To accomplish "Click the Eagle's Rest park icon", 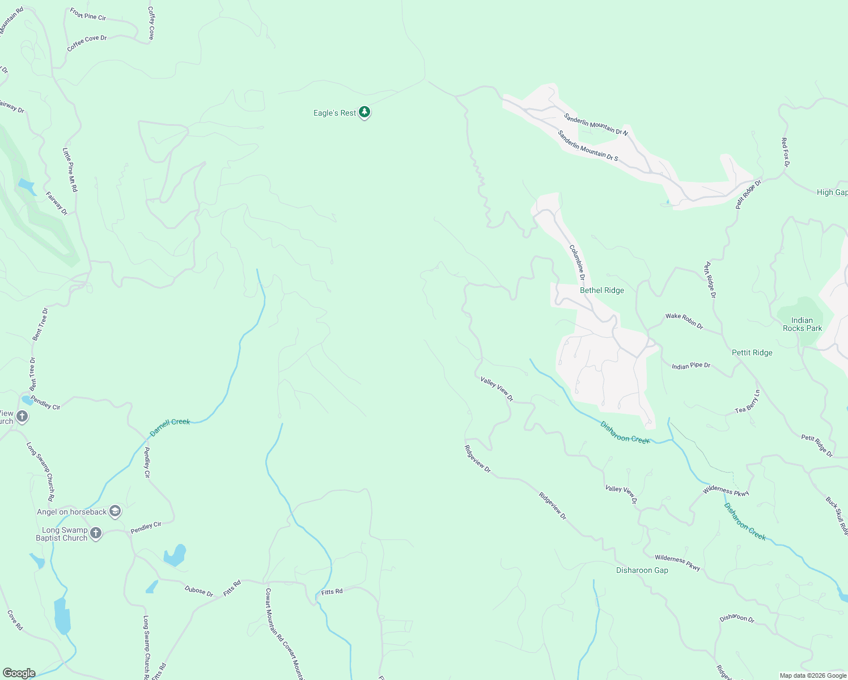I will click(364, 112).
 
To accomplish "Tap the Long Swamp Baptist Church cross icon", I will click(96, 533).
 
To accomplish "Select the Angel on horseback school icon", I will click(115, 512).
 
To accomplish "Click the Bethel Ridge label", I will click(601, 290).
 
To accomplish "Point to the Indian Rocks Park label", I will click(802, 324).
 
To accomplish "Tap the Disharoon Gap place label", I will click(642, 570).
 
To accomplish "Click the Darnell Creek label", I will click(169, 427).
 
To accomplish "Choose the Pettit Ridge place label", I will click(752, 352).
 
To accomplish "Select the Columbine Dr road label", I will click(577, 262).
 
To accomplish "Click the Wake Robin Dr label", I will click(684, 321).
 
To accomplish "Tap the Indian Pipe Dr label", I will click(690, 366).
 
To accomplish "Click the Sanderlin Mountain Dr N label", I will click(595, 124).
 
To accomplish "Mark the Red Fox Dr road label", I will click(785, 152).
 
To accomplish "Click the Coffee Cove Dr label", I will click(87, 43).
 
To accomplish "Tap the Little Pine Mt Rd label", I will click(70, 170).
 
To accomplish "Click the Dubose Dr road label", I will click(198, 590).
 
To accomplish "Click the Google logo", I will click(19, 673).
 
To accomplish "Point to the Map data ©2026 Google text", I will click(812, 675).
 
